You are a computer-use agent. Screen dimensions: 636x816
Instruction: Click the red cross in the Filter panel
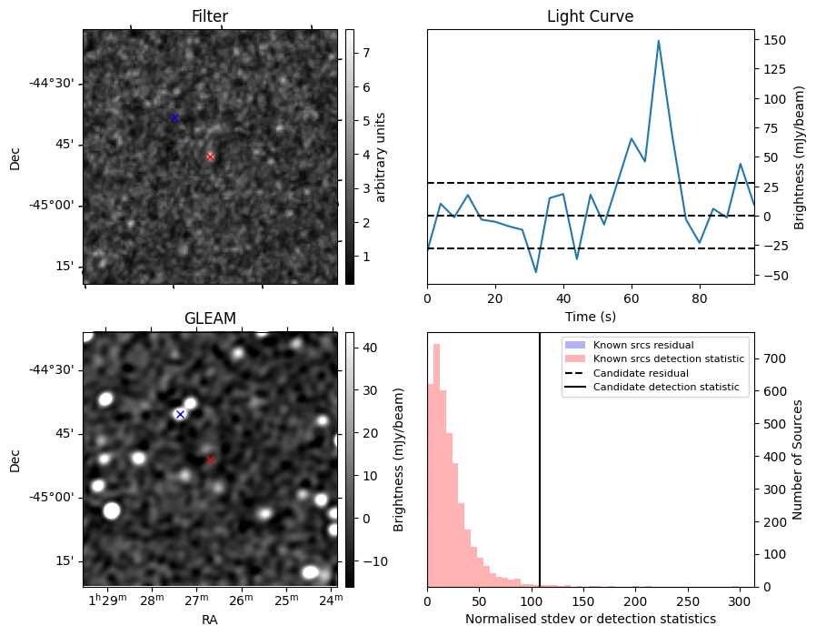pos(210,156)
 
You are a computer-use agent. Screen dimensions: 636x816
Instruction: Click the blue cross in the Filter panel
pos(174,118)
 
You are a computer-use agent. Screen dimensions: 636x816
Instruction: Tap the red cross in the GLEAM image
pos(210,460)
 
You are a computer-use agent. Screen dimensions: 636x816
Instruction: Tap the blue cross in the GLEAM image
pos(180,415)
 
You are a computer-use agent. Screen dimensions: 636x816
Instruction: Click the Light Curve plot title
pos(590,16)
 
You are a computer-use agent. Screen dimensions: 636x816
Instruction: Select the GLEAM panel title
pos(210,318)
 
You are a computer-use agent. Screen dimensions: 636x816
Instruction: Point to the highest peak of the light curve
pos(658,41)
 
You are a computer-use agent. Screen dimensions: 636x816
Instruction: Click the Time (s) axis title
pos(590,315)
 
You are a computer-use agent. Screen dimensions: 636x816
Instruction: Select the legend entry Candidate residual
pos(641,373)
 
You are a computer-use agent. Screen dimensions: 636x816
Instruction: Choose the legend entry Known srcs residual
pos(643,346)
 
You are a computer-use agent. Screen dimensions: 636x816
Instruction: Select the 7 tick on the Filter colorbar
pos(364,53)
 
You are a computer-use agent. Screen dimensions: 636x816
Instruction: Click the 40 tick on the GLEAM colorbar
pos(367,348)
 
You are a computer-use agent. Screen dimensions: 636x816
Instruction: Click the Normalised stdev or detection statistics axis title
pos(590,619)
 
